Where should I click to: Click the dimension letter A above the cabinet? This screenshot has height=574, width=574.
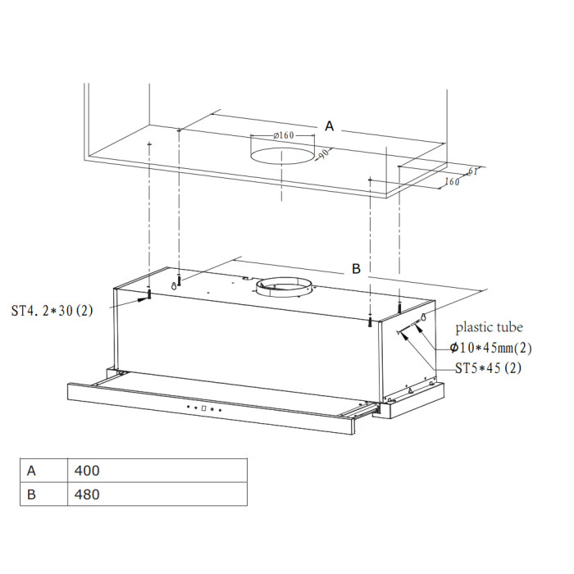[329, 126]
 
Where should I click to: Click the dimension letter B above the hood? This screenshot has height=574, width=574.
[356, 269]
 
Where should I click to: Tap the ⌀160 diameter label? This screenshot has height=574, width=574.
[284, 135]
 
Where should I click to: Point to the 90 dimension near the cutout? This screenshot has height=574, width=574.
[324, 154]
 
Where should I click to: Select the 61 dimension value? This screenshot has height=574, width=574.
[472, 171]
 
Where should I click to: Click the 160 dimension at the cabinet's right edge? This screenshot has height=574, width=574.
[452, 181]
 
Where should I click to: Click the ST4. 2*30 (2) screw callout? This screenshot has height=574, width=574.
[52, 311]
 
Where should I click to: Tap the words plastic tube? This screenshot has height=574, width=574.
[489, 327]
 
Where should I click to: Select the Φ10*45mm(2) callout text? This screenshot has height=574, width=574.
[491, 348]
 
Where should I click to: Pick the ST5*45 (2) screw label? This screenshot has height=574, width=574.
[489, 368]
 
